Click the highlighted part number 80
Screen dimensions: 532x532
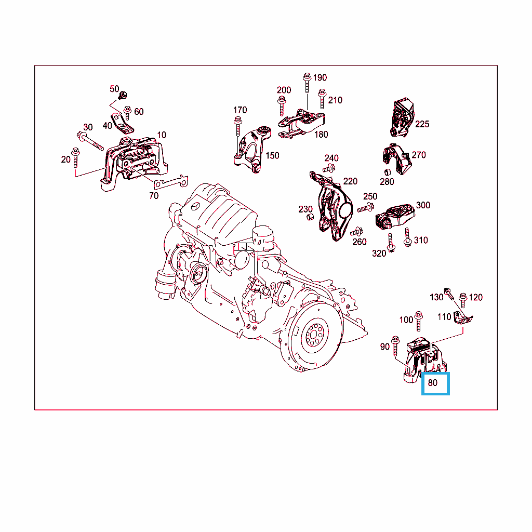(433, 383)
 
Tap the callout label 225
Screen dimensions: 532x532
(422, 124)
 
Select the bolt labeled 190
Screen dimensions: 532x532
(307, 82)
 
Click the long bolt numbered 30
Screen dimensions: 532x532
(90, 141)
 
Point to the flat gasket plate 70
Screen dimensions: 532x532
(170, 182)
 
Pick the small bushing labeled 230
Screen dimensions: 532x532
(310, 217)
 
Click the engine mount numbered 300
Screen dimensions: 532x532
(395, 216)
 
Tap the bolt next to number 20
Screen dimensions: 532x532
(75, 157)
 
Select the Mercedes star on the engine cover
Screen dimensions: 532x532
(196, 206)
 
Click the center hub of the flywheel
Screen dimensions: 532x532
(315, 336)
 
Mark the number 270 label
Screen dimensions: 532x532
(419, 155)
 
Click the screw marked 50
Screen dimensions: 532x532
(123, 95)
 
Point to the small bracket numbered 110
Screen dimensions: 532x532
(463, 317)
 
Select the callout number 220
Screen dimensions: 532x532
(350, 181)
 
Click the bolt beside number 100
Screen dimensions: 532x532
(419, 321)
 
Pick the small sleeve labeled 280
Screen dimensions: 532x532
(388, 171)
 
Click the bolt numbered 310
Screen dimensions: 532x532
(407, 237)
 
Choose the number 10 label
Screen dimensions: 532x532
(162, 135)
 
